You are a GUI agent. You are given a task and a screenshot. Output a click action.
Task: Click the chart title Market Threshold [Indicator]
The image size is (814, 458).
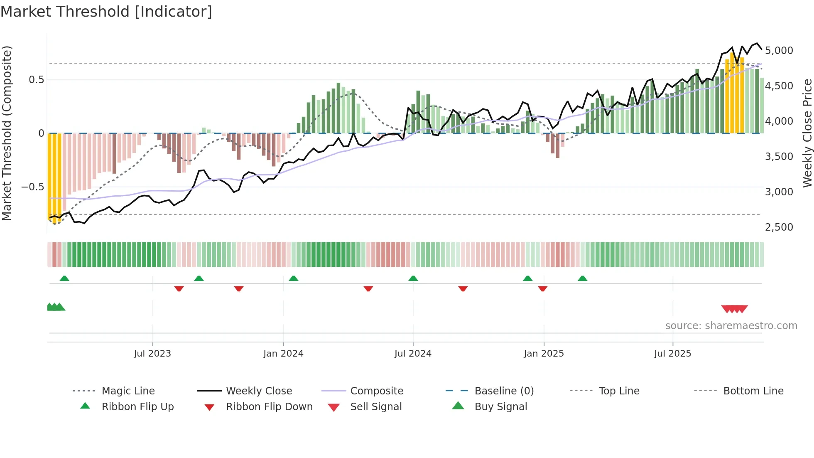point(106,12)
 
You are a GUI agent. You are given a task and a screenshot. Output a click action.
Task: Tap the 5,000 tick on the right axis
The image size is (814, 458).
point(779,51)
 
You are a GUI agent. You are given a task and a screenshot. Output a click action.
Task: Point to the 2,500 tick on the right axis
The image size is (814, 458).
point(779,227)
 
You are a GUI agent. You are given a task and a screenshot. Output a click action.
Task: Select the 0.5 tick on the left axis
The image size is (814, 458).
point(36,80)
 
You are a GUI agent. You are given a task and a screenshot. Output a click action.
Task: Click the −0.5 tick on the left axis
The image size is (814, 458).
point(32,187)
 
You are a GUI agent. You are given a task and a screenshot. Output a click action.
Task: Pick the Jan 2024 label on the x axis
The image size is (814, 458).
point(283,354)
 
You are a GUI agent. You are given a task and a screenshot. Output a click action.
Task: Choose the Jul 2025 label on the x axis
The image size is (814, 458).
point(672,354)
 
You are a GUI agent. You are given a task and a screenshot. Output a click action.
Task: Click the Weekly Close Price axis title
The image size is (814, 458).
point(807,133)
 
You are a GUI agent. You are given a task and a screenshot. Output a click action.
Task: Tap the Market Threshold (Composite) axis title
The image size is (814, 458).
point(7,133)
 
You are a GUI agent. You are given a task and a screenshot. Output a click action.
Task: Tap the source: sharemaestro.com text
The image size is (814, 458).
point(731,326)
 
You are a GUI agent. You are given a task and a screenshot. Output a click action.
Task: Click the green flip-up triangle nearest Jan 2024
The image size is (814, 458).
point(294,278)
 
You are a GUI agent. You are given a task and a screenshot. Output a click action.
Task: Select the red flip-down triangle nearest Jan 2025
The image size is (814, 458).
point(542,288)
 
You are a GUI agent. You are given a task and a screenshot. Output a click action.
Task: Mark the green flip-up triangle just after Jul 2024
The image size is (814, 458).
point(413,278)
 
